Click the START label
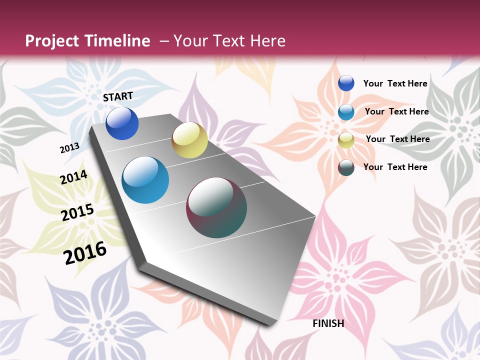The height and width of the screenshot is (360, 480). coord(118,96)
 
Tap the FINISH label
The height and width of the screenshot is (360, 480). coord(328,323)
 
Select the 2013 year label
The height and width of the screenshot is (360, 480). coord(69,147)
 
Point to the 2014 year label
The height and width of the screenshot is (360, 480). coord(73,177)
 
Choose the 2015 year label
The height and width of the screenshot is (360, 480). coord(77,212)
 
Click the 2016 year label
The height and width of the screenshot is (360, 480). coord(85,252)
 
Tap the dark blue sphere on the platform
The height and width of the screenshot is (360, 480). coord(122,123)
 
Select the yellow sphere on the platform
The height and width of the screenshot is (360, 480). coord(189,140)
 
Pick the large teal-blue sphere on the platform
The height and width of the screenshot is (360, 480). coord(145,180)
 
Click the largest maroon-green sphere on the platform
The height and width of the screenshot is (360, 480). coord(216,207)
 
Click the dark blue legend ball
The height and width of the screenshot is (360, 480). coord(346,83)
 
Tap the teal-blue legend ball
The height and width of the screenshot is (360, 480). coord(346,112)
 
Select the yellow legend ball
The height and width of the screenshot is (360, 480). coord(346,140)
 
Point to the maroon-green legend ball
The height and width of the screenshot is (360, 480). coord(346,167)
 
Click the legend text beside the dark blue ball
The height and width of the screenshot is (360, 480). coord(395,83)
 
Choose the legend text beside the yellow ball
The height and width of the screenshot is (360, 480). coord(397,139)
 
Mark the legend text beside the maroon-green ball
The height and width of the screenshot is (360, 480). coord(395,167)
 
